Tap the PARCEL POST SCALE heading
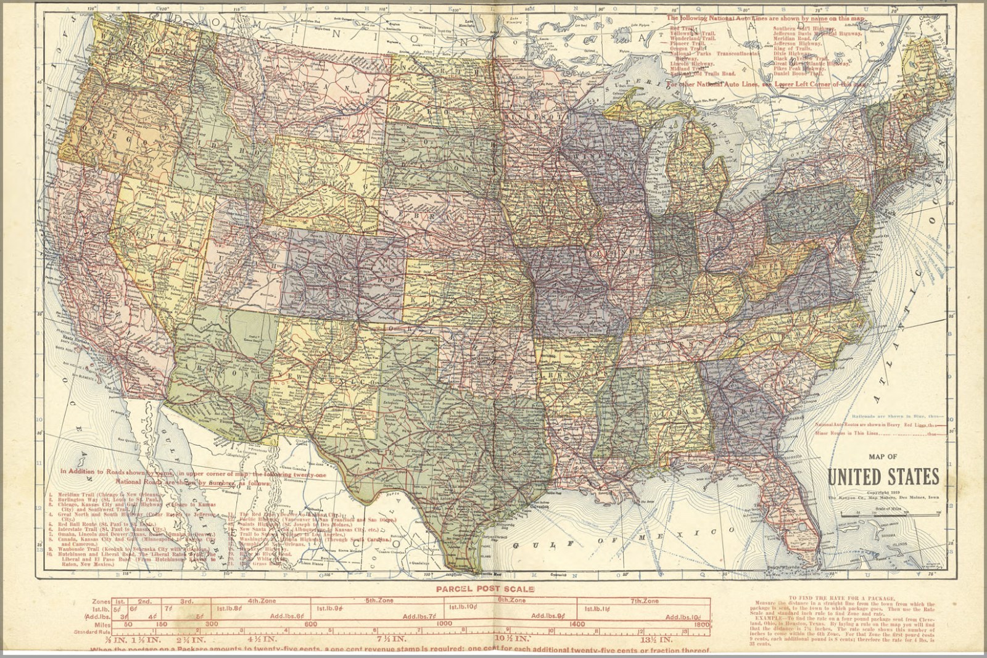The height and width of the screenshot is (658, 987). (485, 588)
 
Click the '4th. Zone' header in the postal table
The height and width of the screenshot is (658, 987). (262, 600)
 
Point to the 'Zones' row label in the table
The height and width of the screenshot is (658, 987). (100, 600)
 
